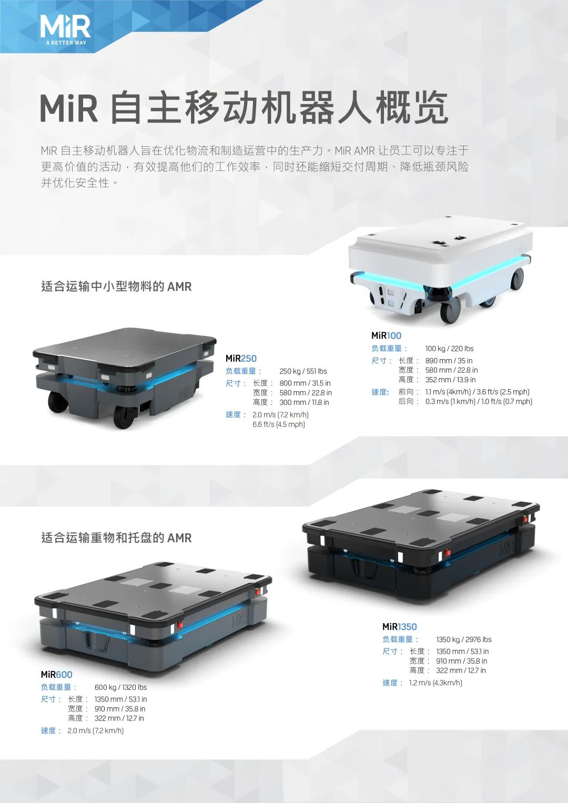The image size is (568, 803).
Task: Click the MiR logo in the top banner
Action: [65, 30]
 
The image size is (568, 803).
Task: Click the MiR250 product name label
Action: [241, 358]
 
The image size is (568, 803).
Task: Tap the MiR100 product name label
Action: [386, 336]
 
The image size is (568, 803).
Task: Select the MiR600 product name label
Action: [57, 674]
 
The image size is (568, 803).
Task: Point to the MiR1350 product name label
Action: [400, 627]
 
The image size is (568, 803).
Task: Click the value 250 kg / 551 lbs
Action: [303, 371]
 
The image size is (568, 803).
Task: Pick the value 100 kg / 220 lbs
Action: [449, 349]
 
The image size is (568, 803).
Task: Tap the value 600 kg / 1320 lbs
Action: [120, 687]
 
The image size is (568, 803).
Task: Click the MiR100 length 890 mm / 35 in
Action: [449, 361]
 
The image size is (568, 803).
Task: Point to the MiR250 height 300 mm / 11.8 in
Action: [304, 402]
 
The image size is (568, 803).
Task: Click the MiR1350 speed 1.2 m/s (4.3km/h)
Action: [435, 683]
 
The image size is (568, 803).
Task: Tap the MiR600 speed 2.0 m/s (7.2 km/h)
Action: [95, 730]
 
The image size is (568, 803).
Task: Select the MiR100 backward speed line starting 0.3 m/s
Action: [479, 402]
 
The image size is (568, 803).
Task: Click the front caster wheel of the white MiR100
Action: [451, 312]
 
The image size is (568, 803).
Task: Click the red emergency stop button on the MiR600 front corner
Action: [180, 625]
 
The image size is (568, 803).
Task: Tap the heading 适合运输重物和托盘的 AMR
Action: [117, 538]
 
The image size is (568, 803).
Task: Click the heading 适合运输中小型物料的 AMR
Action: [117, 287]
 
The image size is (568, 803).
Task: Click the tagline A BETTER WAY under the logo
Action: [66, 43]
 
